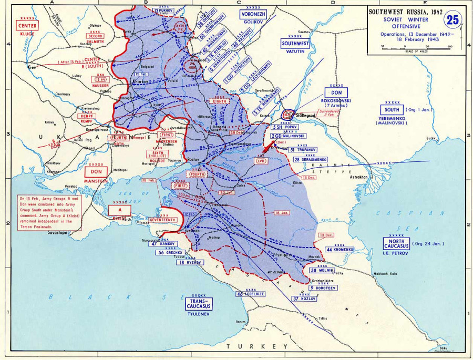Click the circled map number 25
coord(454,20)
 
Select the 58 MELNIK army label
coord(321,270)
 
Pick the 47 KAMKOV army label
coord(162,244)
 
